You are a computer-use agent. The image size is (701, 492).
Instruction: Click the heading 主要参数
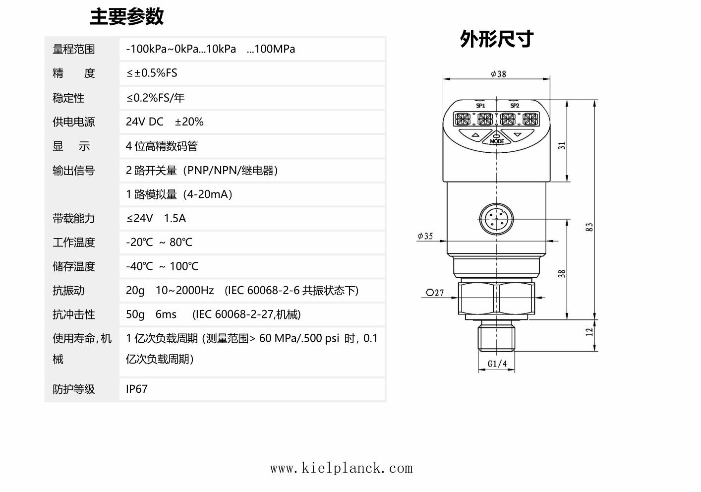pos(127,16)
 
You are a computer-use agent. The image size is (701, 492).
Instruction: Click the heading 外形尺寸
pos(497,39)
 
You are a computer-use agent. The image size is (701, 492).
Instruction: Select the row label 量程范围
pos(73,49)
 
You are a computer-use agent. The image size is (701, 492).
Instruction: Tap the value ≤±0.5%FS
pos(152,73)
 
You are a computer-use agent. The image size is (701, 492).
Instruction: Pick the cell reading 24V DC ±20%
pos(165,122)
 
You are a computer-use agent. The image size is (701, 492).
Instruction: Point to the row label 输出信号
pos(73,171)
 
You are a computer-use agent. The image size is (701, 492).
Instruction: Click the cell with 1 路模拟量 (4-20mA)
pos(179,194)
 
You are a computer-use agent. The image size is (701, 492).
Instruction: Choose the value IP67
pos(136,389)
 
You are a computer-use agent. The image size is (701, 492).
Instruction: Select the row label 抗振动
pos(68,291)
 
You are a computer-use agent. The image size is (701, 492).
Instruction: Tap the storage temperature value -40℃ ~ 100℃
pos(162,266)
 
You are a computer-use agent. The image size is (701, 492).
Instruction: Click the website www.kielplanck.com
pos(342,468)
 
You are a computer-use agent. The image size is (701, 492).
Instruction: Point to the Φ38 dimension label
pos(498,74)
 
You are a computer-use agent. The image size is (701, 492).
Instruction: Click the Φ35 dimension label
pos(425,236)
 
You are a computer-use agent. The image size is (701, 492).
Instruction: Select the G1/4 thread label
pos(497,364)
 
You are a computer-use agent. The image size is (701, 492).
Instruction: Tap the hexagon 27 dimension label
pos(435,293)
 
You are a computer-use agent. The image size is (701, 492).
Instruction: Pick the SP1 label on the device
pos(480,106)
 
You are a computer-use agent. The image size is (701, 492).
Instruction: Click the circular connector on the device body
pos(496,219)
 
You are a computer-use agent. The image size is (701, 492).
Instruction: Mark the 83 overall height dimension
pos(589,227)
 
